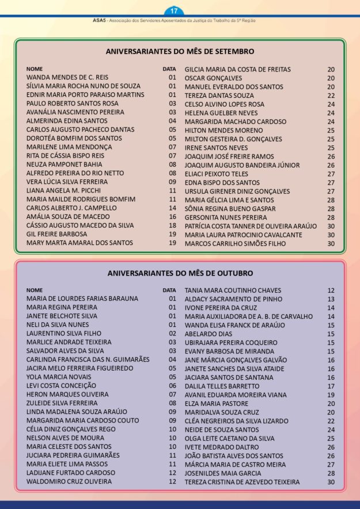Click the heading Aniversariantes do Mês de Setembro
(x=180, y=51)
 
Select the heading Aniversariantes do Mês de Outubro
(x=180, y=273)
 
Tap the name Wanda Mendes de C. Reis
(x=67, y=77)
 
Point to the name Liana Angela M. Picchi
(x=63, y=190)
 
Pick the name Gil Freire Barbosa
(x=56, y=234)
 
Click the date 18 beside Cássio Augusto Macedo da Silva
(x=172, y=225)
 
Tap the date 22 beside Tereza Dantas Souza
(x=331, y=96)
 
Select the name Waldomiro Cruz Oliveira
(x=69, y=481)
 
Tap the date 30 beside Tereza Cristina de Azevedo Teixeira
(x=331, y=482)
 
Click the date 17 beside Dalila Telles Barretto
(x=331, y=386)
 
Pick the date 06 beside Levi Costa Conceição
(x=172, y=386)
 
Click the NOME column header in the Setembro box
(x=35, y=69)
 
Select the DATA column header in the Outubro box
(x=169, y=291)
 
